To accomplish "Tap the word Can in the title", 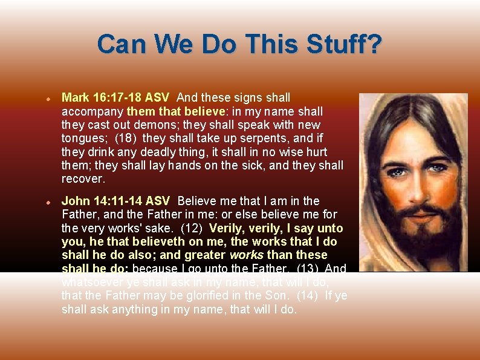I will click(122, 45).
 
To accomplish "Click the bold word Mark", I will click(75, 97).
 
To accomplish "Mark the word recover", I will click(83, 179).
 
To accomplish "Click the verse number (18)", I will click(126, 139).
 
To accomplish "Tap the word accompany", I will click(92, 111).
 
